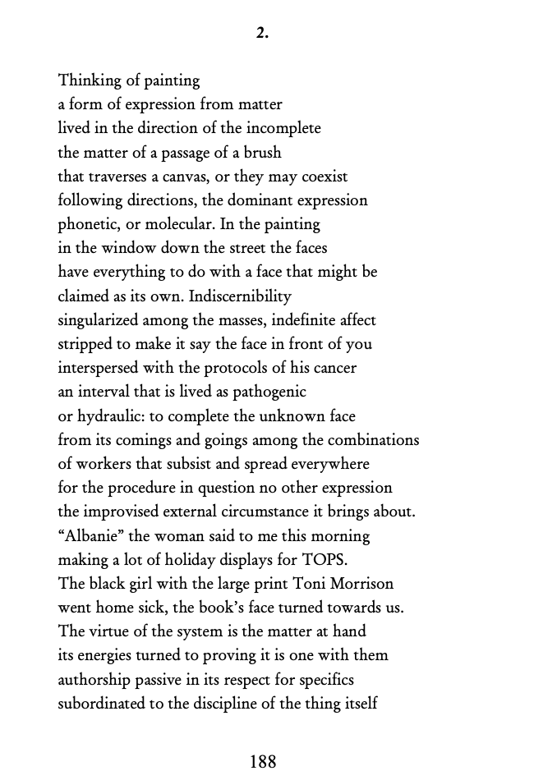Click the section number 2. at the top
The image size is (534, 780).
(x=262, y=34)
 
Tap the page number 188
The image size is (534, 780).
(x=263, y=761)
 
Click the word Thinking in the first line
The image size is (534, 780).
(x=88, y=80)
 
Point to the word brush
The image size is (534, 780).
(x=263, y=153)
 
